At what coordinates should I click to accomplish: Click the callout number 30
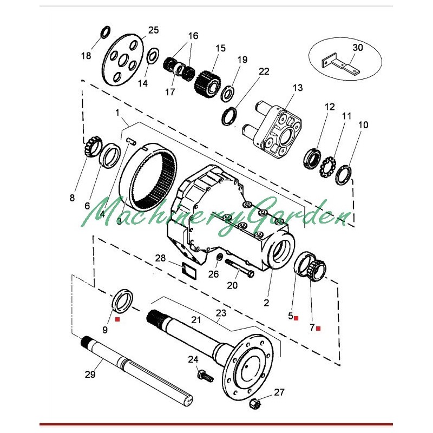[358, 48]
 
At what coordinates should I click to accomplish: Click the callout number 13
[298, 88]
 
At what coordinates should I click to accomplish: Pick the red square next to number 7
[318, 328]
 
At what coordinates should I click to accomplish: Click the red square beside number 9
[117, 320]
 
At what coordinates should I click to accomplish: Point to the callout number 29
[90, 375]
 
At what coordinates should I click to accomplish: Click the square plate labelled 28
[189, 268]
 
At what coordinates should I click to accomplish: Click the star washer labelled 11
[327, 163]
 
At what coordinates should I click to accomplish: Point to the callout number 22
[264, 71]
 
